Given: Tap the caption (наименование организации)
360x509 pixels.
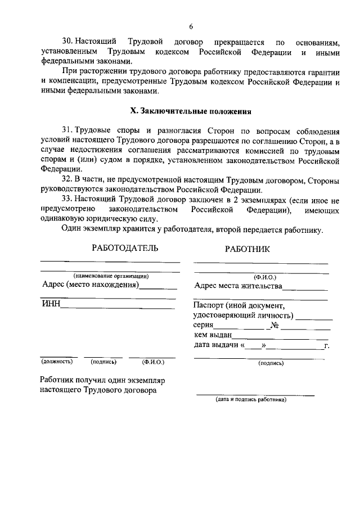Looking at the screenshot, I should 111,276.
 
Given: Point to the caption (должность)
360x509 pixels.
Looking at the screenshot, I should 57,362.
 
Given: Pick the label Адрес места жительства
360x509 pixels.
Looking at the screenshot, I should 238,286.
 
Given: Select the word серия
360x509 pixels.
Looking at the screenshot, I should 203,326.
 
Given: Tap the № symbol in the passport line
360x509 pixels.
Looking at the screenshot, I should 275,326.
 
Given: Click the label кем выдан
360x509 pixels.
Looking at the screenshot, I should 213,336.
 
